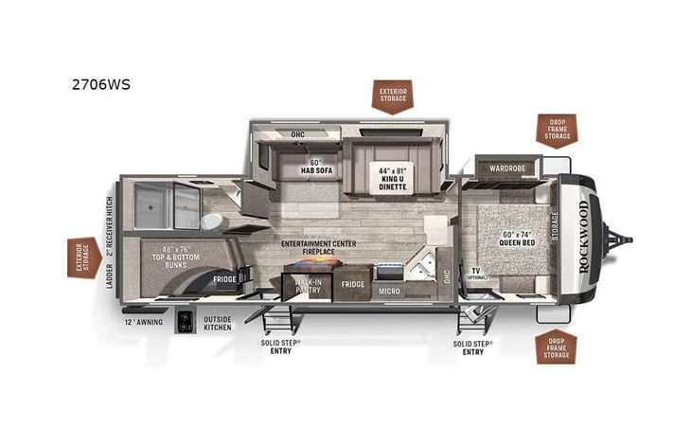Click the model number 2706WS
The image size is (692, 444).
pos(100,83)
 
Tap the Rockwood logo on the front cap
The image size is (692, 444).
pos(583,236)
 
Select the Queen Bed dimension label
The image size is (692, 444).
pos(518,238)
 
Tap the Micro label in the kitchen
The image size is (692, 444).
pos(390,292)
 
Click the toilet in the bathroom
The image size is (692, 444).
pos(212,222)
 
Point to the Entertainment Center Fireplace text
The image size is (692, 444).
pos(318,249)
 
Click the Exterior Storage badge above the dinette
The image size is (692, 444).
pos(391,95)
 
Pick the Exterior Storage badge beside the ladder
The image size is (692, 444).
pos(83,256)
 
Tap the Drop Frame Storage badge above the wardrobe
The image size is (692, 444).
pos(556,130)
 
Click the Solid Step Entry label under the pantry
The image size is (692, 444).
pos(281,346)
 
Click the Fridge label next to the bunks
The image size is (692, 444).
pos(224,279)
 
